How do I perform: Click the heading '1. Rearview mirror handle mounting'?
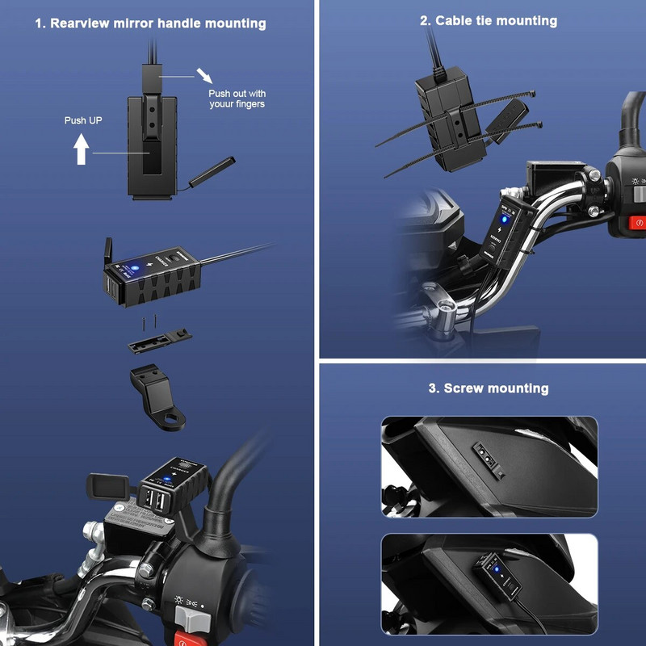(x=150, y=23)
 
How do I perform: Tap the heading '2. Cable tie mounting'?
(x=488, y=20)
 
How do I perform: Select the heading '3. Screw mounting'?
(x=488, y=388)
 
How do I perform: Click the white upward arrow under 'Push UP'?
(x=82, y=149)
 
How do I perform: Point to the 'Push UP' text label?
(x=83, y=120)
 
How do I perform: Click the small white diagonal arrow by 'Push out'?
(x=205, y=76)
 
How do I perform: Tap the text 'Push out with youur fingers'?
(x=237, y=98)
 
